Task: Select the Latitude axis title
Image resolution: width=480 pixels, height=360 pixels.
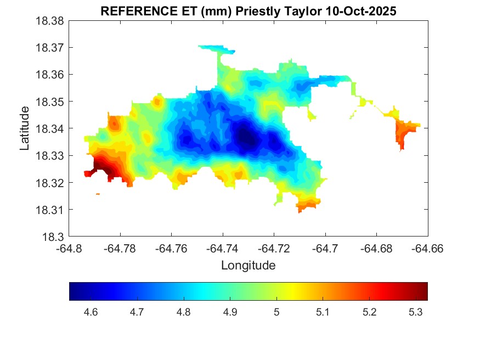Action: (x=25, y=128)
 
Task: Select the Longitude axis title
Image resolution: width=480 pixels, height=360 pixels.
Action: (x=248, y=266)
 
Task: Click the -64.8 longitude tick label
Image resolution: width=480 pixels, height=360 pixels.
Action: (x=70, y=249)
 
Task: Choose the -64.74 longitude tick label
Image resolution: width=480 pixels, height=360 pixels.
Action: (x=223, y=249)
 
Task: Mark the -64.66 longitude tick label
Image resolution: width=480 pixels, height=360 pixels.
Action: (x=428, y=249)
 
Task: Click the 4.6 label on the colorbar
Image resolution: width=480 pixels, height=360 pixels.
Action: (x=91, y=312)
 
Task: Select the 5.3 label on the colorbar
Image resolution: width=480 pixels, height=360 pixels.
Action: (x=416, y=312)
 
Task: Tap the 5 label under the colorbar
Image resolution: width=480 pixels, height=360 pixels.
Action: (x=276, y=312)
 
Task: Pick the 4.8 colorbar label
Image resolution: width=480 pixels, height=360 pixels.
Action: (x=184, y=312)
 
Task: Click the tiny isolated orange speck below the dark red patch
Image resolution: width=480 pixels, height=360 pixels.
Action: (x=98, y=194)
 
